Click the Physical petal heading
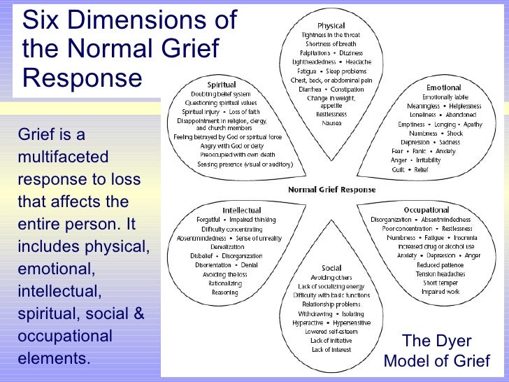331,25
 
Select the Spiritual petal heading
221,85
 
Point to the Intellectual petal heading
242,211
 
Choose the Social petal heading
331,268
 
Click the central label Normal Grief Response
331,190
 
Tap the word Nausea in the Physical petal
331,123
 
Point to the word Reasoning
224,292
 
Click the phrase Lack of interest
331,349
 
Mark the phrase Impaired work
439,292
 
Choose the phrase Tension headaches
440,274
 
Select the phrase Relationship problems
331,304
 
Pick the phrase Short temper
440,283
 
